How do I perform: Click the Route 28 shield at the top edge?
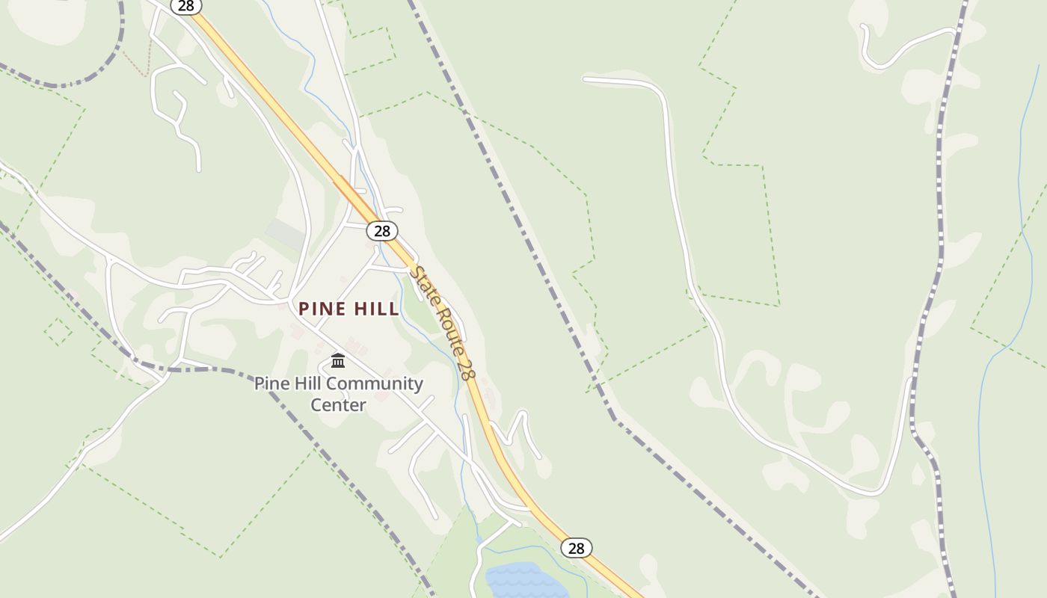[x=185, y=6]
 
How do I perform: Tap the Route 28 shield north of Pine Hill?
[x=382, y=230]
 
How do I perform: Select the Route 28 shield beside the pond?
[x=576, y=548]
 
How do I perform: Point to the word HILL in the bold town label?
[x=375, y=309]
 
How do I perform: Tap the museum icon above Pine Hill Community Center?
[x=338, y=361]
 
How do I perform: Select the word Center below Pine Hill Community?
[x=338, y=405]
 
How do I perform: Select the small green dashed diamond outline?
[x=58, y=331]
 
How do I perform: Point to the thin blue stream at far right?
[x=1020, y=187]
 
